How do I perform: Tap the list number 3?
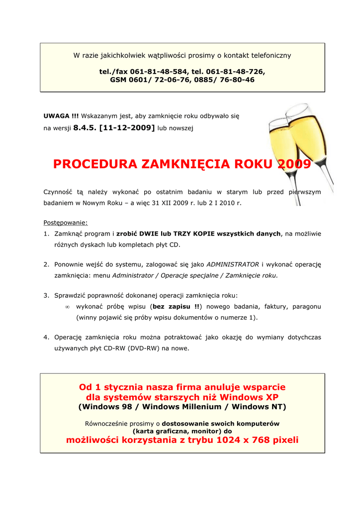46,295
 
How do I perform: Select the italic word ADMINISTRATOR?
232,264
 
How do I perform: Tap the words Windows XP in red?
249,397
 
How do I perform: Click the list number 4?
46,337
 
